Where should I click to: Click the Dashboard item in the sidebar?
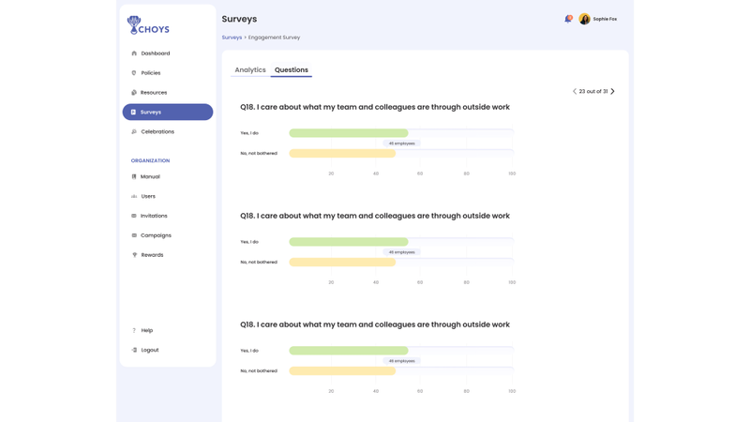(155, 53)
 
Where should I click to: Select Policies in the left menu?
(150, 73)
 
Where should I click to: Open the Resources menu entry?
(153, 93)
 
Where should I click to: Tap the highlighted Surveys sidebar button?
(167, 113)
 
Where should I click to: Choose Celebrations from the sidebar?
(157, 132)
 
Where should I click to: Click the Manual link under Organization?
(150, 176)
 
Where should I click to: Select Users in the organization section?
(148, 196)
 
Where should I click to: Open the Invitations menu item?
(154, 216)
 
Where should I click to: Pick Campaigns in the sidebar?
(156, 235)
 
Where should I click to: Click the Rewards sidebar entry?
(152, 255)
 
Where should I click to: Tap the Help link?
(146, 330)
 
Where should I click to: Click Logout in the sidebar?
(149, 350)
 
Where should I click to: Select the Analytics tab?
(250, 70)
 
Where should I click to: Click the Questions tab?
(292, 70)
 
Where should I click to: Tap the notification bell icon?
(568, 19)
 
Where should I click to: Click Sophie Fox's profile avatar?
(584, 19)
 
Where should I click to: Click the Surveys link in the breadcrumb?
(232, 38)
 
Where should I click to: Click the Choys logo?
(148, 25)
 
